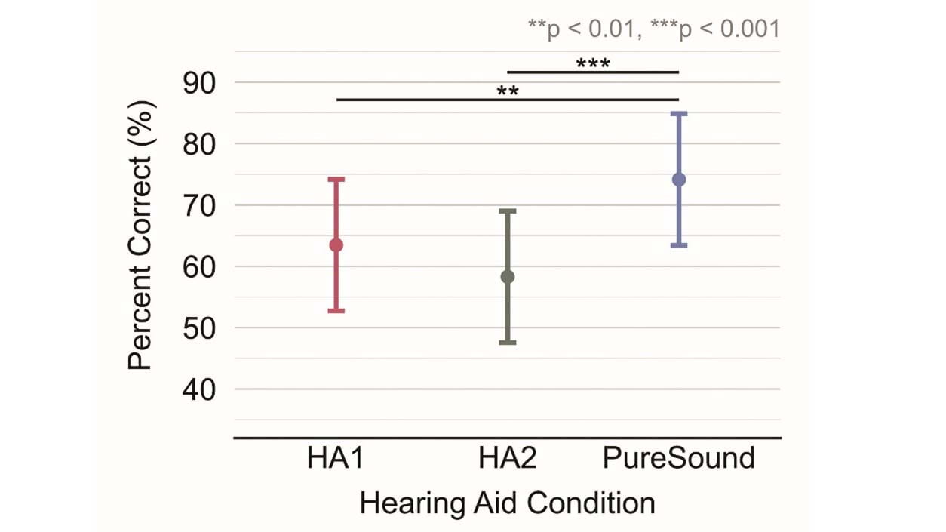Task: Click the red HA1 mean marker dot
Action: pos(336,245)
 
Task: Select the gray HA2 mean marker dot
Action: pos(508,277)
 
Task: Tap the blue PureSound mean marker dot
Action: pos(679,180)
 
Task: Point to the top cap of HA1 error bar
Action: pos(336,179)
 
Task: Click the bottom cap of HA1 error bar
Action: pos(336,311)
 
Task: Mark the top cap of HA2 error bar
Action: pos(508,211)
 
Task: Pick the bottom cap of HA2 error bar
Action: pos(508,343)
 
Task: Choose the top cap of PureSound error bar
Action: pos(679,113)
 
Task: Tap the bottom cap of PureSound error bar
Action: pos(679,245)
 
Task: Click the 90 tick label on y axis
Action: pos(199,83)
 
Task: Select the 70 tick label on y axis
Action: pos(199,205)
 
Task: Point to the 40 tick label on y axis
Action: pos(199,389)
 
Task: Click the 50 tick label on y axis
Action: pos(199,328)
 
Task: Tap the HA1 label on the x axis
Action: pos(336,458)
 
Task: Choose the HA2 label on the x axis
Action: pos(508,458)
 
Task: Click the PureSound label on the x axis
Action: pos(679,458)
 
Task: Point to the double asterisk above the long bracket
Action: pos(508,92)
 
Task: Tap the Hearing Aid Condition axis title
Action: pos(507,503)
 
